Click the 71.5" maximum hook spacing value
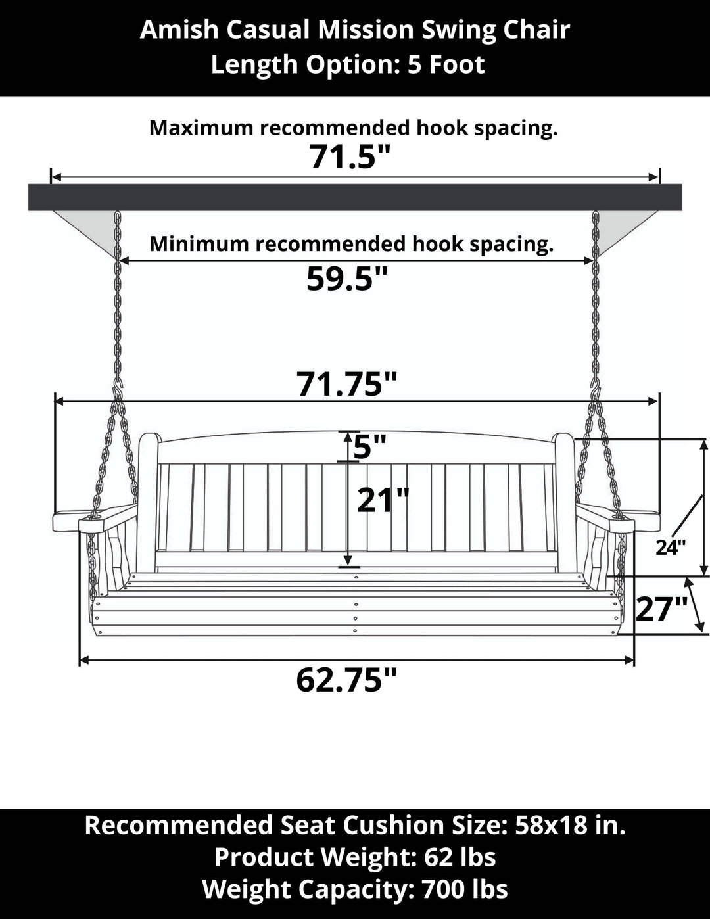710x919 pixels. click(x=349, y=157)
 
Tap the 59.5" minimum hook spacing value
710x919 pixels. click(x=346, y=279)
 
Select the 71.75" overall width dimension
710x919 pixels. click(x=347, y=385)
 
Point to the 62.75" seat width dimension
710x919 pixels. click(x=346, y=680)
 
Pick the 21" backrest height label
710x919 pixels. click(x=383, y=500)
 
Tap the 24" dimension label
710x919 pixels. click(x=671, y=548)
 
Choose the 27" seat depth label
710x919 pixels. click(x=662, y=609)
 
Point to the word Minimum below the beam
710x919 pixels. click(x=199, y=244)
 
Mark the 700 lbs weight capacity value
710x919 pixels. click(x=465, y=889)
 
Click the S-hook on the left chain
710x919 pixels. click(x=118, y=390)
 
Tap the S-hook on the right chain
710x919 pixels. click(x=596, y=390)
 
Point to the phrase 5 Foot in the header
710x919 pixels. click(x=446, y=64)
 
